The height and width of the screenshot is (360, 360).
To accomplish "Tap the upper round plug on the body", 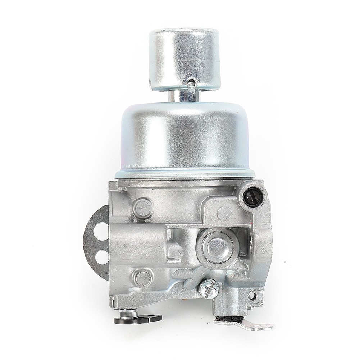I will [143, 208].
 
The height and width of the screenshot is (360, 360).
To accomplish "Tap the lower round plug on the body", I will [143, 278].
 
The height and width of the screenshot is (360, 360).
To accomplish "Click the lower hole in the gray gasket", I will [102, 257].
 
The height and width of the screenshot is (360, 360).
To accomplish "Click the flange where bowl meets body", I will [185, 174].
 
